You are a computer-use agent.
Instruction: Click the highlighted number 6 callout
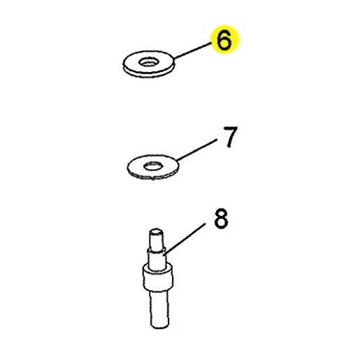pos(224,40)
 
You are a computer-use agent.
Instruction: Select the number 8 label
pos(221,219)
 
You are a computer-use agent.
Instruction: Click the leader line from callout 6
pos(193,50)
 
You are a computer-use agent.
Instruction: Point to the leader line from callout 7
pos(196,150)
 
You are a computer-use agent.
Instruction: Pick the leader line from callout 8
pos(185,239)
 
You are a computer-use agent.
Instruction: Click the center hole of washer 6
pos(149,62)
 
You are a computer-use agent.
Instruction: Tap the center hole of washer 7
pos(153,166)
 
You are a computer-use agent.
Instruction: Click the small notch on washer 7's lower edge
pos(152,179)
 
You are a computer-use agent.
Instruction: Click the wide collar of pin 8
pos(158,278)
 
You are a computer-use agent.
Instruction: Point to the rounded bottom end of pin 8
pos(159,326)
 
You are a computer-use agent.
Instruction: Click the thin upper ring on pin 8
pos(157,252)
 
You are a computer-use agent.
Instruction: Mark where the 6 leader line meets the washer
pos(174,58)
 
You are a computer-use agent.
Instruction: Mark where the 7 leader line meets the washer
pos(177,161)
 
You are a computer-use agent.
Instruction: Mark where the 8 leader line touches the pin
pos(164,255)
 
